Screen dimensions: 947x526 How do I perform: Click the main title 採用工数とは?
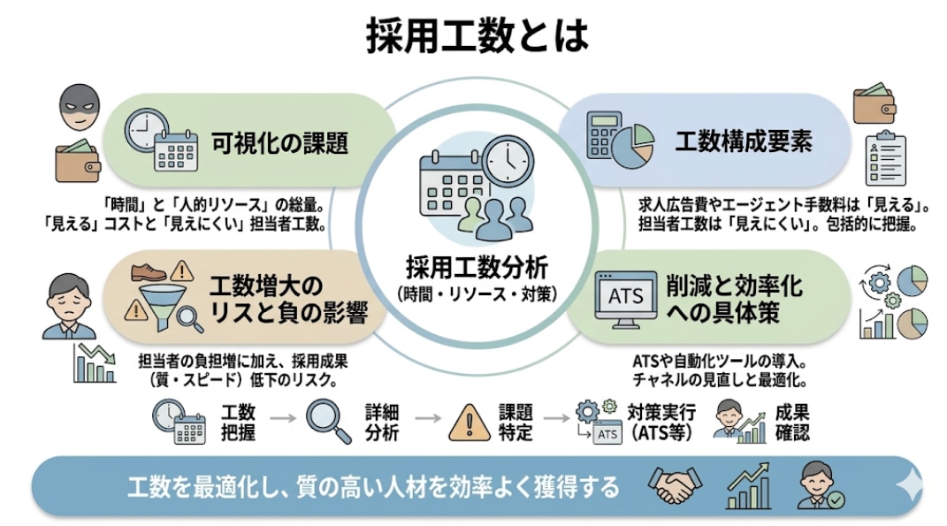(477, 36)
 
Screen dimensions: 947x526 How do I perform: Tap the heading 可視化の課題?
(279, 143)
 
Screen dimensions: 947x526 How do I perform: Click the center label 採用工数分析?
(477, 268)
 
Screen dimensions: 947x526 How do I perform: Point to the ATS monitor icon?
(626, 299)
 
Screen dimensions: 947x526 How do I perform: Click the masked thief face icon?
(79, 108)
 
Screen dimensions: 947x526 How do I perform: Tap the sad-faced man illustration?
(69, 306)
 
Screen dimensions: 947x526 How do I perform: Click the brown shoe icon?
(148, 271)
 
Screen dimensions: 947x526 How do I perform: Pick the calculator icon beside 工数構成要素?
(603, 134)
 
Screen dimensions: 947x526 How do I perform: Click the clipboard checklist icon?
(885, 158)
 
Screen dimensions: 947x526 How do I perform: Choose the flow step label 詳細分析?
(381, 423)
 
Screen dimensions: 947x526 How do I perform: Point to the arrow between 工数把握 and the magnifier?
(283, 418)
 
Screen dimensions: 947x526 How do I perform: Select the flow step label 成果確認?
(792, 423)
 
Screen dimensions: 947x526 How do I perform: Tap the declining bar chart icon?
(95, 363)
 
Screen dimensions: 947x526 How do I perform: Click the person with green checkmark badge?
(820, 485)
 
